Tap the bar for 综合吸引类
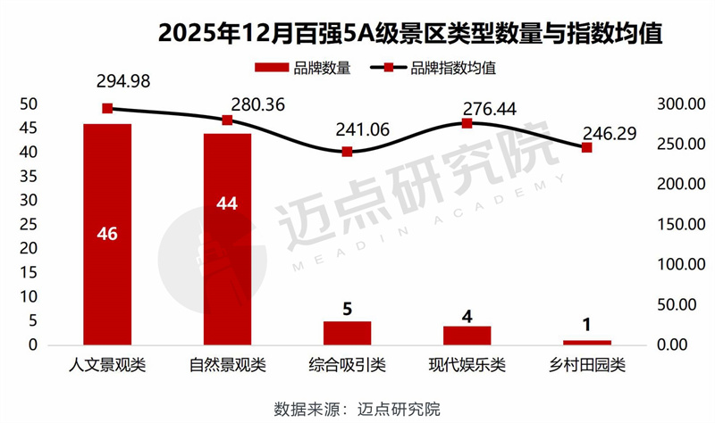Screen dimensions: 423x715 [347, 333]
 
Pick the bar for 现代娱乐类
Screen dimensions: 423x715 [467, 335]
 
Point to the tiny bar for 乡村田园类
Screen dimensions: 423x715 [586, 342]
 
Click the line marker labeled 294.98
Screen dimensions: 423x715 [107, 108]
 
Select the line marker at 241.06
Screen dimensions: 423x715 [347, 152]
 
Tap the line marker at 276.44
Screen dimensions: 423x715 [467, 123]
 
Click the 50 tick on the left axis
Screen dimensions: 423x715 [28, 104]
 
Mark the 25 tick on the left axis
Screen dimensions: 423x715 [28, 224]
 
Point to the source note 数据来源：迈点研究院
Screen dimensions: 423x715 [357, 409]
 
